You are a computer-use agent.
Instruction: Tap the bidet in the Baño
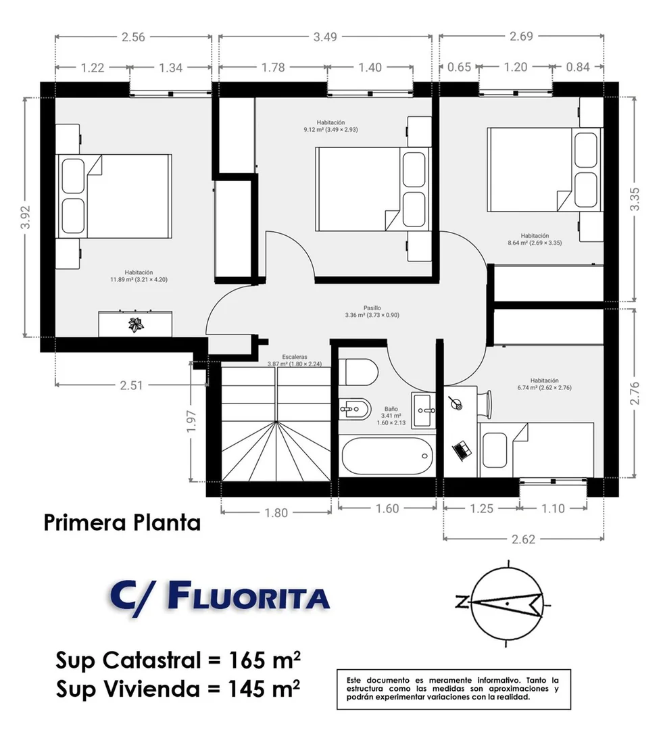355,410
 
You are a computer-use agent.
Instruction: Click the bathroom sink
423,410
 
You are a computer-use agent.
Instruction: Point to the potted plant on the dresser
137,324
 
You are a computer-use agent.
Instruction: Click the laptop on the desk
462,450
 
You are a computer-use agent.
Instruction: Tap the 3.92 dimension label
26,217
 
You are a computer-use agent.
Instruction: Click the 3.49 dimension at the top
325,36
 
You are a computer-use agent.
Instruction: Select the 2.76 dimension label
635,393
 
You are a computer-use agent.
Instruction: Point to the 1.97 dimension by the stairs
191,421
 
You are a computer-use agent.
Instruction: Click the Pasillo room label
372,308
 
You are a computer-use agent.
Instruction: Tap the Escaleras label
295,357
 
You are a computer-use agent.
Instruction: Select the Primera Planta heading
122,522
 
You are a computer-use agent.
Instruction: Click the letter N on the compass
461,603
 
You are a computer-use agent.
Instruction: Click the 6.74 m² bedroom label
544,387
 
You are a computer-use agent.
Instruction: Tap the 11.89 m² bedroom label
139,279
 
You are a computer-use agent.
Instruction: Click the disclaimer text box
453,689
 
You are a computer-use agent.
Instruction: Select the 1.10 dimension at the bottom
553,508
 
